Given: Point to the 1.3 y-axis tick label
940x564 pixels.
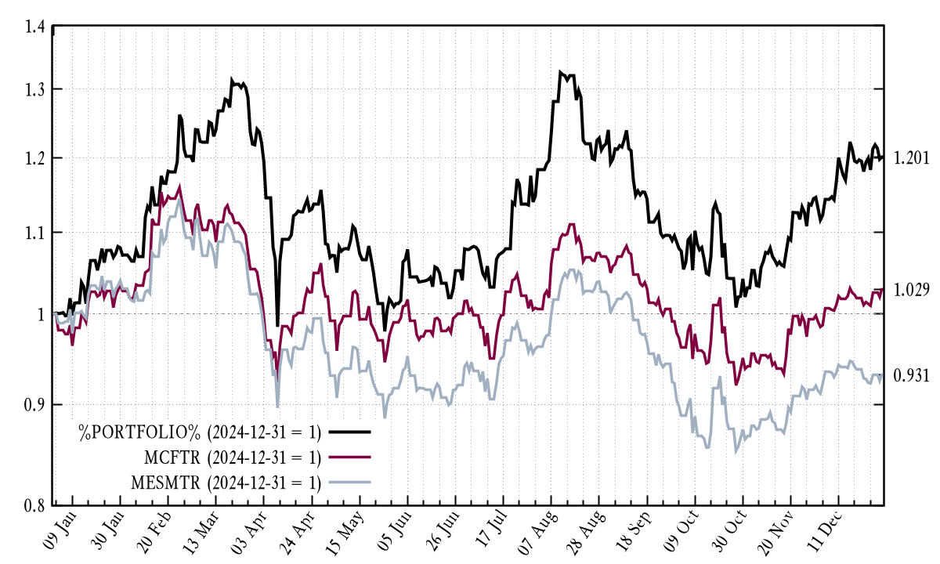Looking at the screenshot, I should click(34, 89).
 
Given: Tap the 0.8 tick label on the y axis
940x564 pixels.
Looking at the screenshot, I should click(34, 505).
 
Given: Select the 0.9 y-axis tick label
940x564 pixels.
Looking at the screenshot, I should click(34, 404).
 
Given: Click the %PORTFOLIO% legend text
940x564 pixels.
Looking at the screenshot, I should click(199, 432).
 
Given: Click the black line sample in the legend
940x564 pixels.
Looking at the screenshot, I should click(349, 432).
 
